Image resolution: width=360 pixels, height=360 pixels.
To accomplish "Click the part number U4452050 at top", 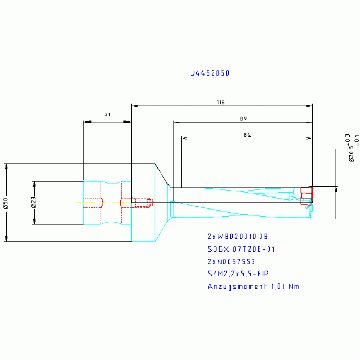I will pos(209,73).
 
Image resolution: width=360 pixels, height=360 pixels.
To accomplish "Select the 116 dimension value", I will pos(221,102).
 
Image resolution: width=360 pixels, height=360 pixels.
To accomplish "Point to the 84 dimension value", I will pos(247,135).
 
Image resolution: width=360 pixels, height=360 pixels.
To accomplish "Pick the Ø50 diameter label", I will pos(5,203).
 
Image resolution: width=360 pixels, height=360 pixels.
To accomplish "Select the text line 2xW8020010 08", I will pos(238,236).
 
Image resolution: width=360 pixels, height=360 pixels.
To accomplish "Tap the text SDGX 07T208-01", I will pos(241,249).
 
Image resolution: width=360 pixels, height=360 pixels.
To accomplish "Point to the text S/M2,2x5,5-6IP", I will pos(238,274).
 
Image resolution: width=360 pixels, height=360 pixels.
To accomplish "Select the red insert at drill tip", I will pos(306,195).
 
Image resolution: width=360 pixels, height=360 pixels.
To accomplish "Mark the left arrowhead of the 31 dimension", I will pos(86,122).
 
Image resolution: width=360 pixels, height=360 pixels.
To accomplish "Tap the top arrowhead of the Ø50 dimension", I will pos(6,167).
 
